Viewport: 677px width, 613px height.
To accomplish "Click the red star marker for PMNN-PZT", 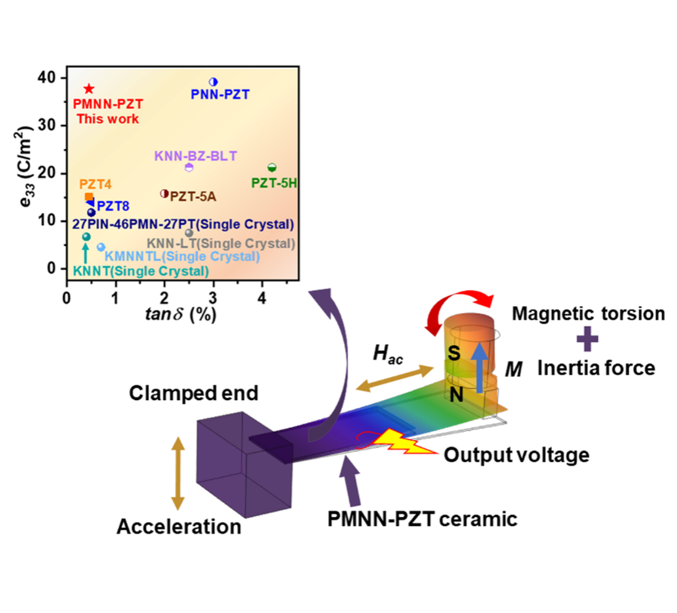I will [89, 89].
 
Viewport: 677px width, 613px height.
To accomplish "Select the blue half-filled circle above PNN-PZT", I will [214, 82].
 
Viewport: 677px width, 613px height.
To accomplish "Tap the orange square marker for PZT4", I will [89, 196].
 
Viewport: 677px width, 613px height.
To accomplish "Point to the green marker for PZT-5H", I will [272, 167].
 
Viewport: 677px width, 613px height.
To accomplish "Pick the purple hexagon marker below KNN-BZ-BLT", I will [189, 167].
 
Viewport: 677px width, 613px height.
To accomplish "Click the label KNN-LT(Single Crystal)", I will [221, 243].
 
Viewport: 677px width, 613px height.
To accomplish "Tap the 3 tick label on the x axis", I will [214, 295].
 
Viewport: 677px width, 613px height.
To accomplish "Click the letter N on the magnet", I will [456, 395].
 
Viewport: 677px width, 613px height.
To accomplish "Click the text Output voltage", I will [516, 455].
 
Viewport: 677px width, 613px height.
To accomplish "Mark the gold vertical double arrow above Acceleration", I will [177, 473].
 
